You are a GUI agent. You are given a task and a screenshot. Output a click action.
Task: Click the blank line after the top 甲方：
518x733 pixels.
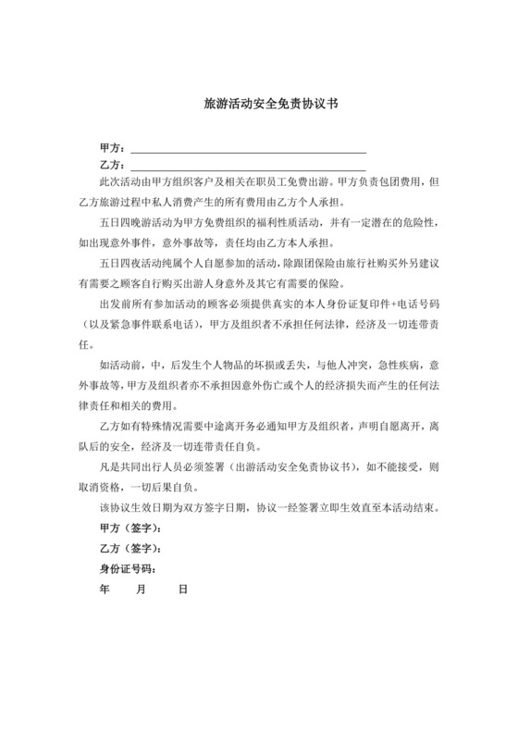(x=248, y=148)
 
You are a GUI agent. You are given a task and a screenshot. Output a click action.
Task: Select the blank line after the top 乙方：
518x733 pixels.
(x=248, y=165)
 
